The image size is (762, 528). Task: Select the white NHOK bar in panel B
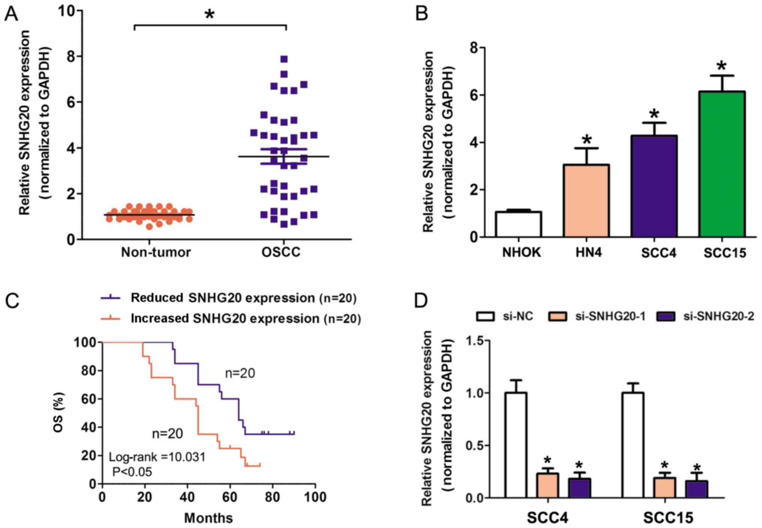tap(518, 224)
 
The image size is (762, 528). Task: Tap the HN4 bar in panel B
tap(586, 201)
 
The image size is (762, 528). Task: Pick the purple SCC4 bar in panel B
tap(654, 186)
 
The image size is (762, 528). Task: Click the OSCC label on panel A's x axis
tap(281, 252)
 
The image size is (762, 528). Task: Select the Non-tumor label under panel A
tap(156, 252)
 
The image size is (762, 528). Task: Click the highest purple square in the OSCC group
tap(284, 59)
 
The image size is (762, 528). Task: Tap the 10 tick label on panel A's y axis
tap(66, 11)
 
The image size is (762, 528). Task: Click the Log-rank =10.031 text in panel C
tap(157, 457)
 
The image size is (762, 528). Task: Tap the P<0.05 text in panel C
tap(132, 472)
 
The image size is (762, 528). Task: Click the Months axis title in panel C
tap(208, 518)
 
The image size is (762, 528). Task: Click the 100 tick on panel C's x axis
tap(314, 497)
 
